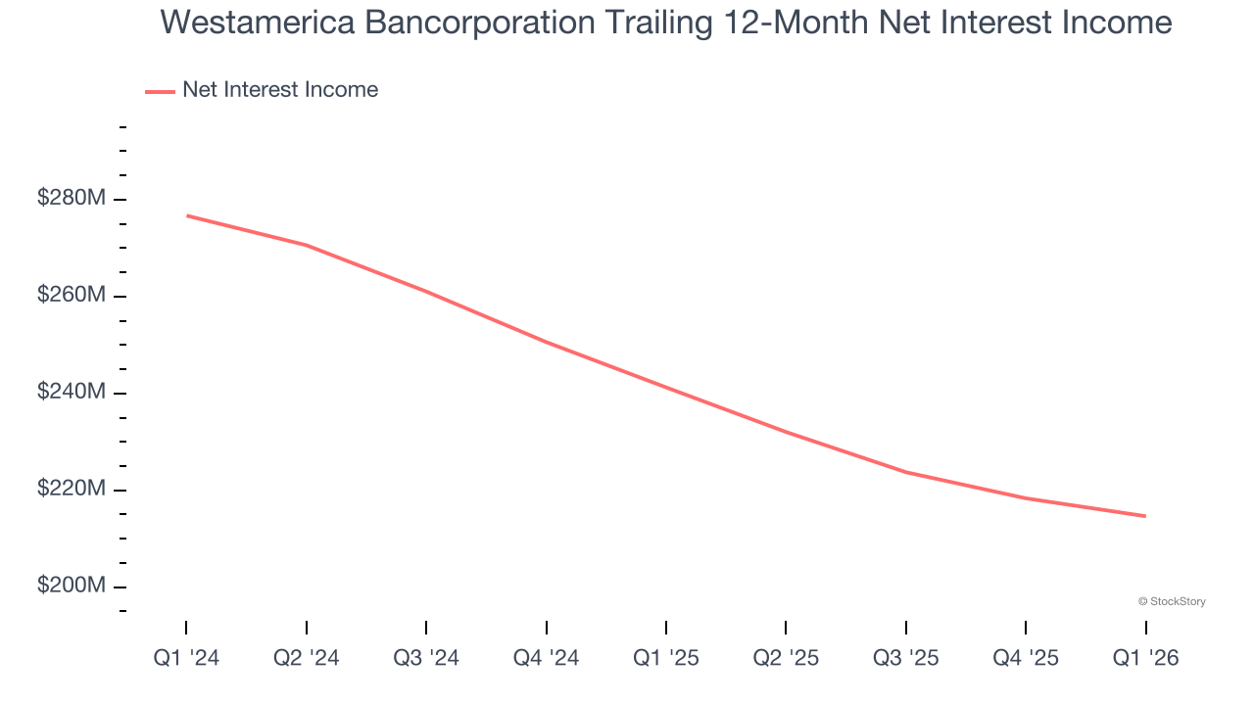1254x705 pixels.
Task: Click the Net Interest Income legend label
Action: coord(280,90)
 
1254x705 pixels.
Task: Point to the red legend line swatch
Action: coord(160,91)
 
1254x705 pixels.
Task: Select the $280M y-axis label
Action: coord(71,199)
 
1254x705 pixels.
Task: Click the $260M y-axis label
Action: coord(71,296)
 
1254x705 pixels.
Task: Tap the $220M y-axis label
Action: coord(71,489)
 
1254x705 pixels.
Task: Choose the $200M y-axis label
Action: coord(71,586)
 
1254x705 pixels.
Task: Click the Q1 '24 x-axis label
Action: coord(186,659)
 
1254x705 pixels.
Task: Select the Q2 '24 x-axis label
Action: coord(307,659)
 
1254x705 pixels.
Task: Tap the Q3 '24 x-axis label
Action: coord(426,659)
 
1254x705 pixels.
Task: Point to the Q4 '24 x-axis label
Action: coord(546,659)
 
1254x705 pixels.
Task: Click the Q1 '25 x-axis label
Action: coord(666,659)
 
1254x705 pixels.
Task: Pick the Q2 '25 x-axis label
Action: coord(786,659)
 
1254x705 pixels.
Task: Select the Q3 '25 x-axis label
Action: coord(905,659)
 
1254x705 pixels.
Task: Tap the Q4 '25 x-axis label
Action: coord(1026,659)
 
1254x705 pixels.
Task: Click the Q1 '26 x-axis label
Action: coord(1145,659)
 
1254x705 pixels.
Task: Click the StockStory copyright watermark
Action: coord(1172,601)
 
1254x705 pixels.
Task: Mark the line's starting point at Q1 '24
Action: coord(186,215)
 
